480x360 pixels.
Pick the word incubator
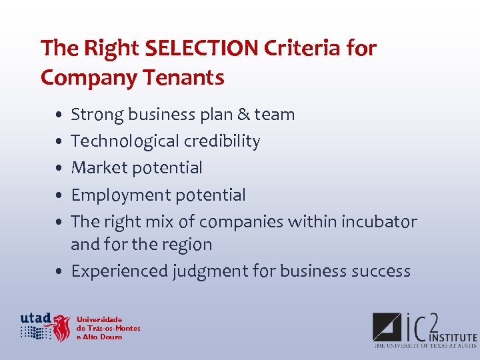coord(379,221)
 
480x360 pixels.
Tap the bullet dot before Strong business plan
coord(60,115)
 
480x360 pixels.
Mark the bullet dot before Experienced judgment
coord(60,272)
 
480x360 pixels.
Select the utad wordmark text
coord(35,317)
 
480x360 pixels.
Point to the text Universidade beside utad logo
coord(99,319)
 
